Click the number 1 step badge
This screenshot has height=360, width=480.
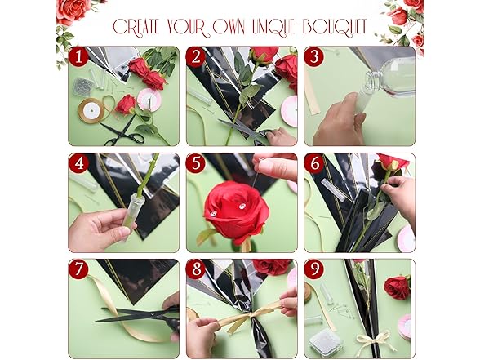[78, 56]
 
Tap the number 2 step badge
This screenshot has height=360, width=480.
[196, 56]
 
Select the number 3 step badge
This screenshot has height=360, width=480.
[315, 56]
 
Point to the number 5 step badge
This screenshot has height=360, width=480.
[196, 163]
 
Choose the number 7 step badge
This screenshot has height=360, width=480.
[78, 269]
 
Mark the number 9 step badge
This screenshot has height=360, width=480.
[315, 269]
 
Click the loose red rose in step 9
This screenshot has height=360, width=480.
[398, 287]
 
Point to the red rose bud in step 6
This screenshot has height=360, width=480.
[392, 162]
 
